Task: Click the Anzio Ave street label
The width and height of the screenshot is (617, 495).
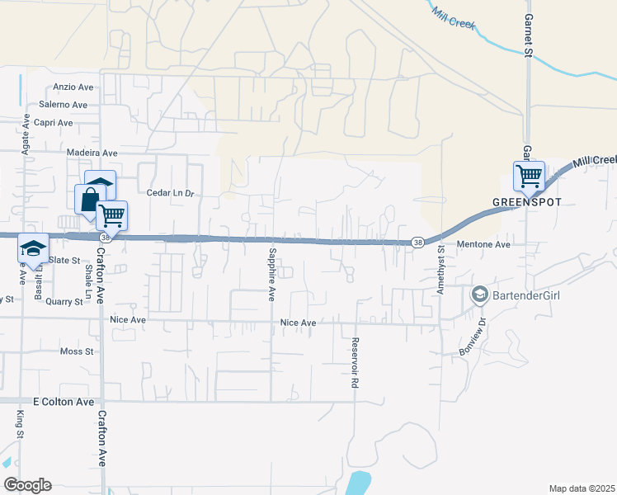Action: tap(75, 87)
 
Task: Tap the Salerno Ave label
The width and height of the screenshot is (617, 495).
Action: tap(63, 105)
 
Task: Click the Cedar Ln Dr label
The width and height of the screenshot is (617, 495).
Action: tap(169, 193)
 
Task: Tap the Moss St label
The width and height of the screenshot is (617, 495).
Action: tap(78, 351)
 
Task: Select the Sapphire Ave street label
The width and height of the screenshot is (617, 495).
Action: tap(271, 273)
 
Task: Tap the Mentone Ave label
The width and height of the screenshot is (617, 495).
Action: tap(491, 244)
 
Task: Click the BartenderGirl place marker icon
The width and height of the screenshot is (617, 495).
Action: tap(478, 294)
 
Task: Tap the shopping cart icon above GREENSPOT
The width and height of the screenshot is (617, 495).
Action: tap(528, 175)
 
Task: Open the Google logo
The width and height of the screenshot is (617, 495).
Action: tap(28, 485)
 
